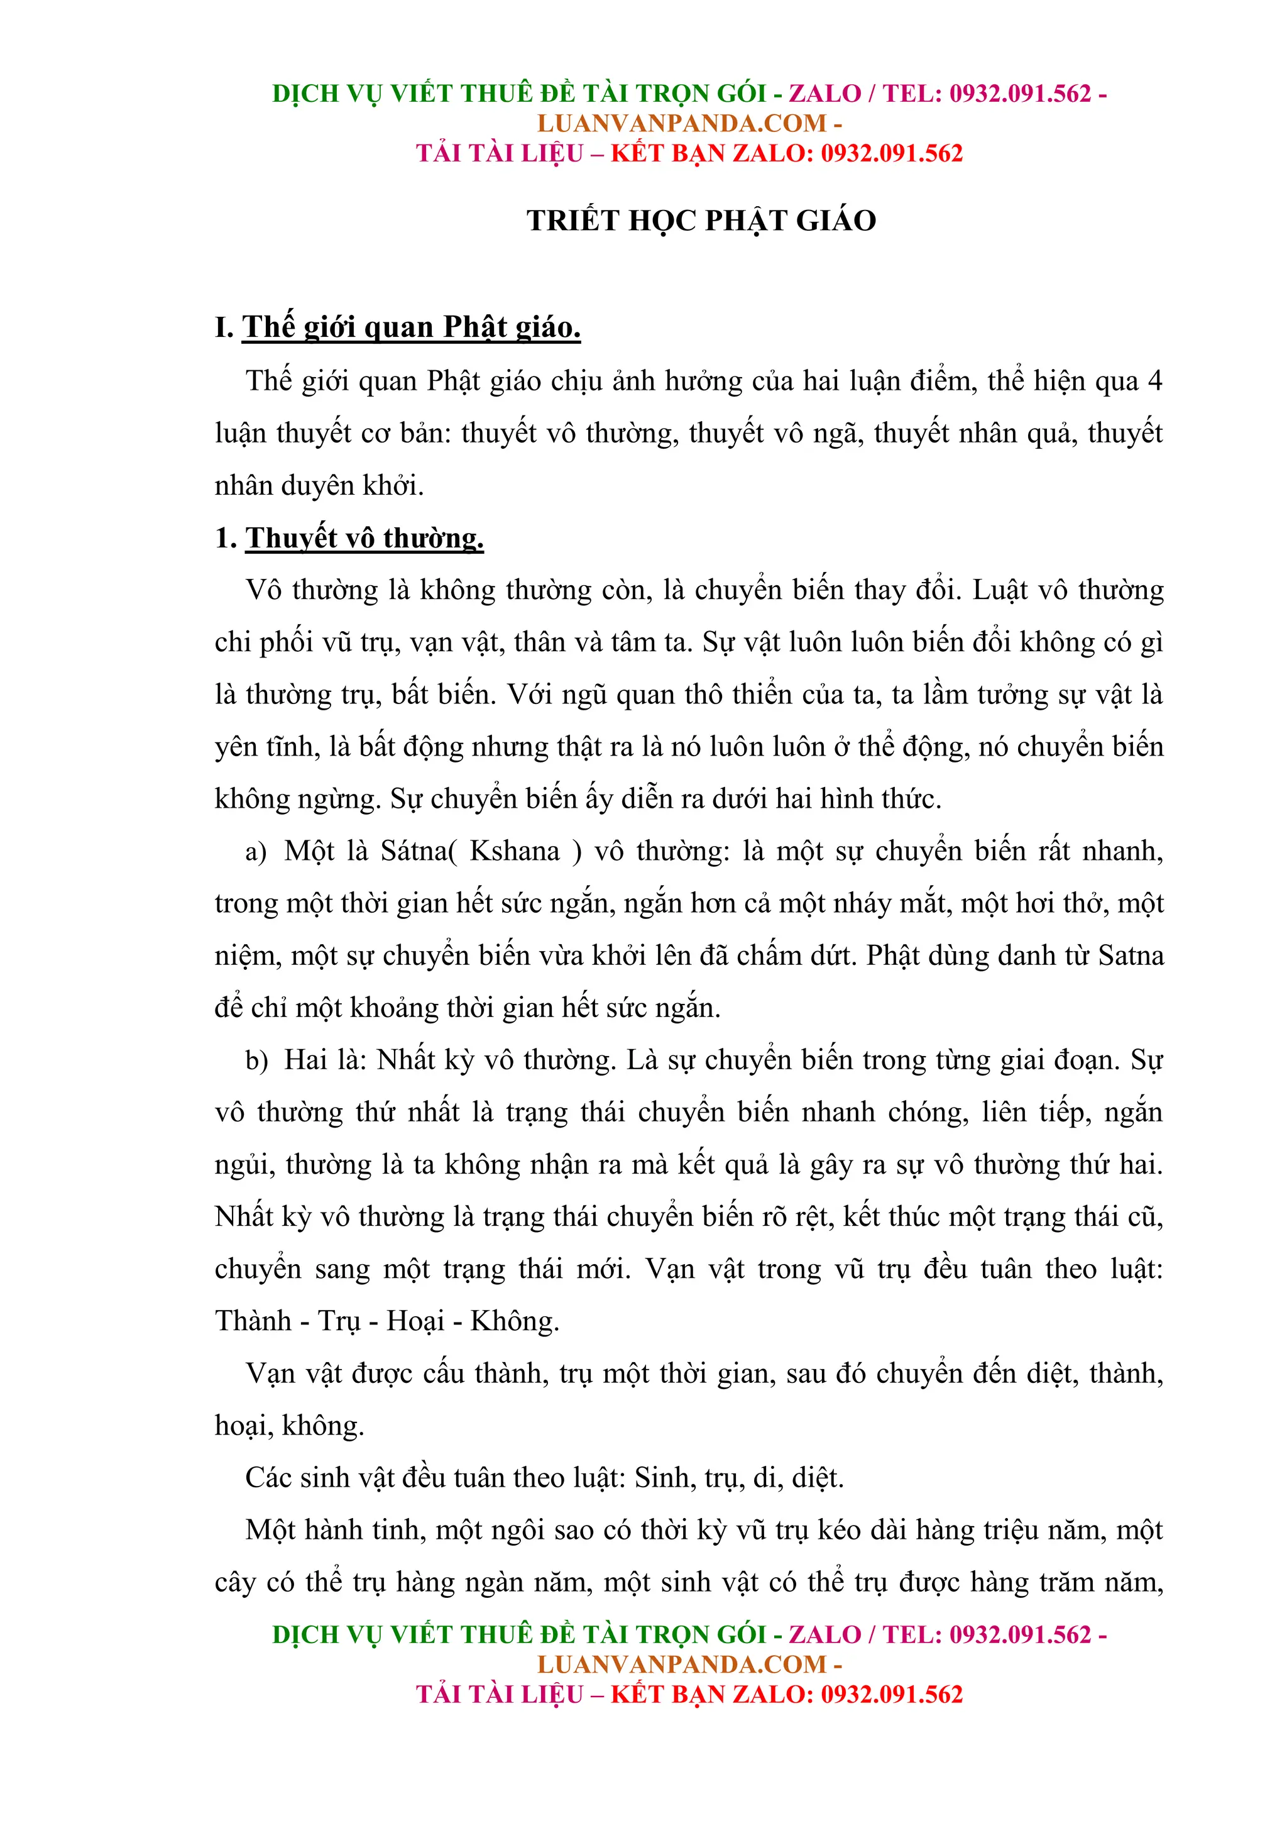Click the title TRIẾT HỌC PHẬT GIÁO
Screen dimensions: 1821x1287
tap(701, 221)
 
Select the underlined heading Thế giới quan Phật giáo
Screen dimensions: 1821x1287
tap(411, 327)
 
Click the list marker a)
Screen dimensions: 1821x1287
tap(255, 852)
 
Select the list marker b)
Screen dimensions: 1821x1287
tap(256, 1060)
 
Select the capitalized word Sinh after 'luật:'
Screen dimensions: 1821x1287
tap(663, 1478)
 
